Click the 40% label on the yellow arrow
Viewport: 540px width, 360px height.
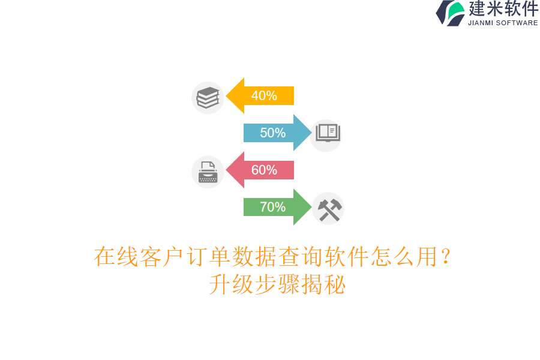[x=264, y=96]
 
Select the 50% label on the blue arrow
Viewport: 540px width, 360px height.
[x=272, y=133]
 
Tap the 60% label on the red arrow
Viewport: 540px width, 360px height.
[x=264, y=170]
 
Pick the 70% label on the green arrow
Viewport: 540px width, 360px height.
[x=272, y=208]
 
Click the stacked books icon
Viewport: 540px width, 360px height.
[x=208, y=97]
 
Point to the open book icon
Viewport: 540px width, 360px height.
[x=328, y=133]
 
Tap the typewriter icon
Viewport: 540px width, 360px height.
[x=208, y=172]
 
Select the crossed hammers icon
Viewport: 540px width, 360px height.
[x=329, y=209]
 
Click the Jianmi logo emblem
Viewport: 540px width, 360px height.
[x=450, y=13]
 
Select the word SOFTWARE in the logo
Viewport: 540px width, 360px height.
[x=517, y=23]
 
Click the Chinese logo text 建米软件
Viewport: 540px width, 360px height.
[x=503, y=9]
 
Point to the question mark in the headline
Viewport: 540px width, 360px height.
[x=445, y=257]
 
